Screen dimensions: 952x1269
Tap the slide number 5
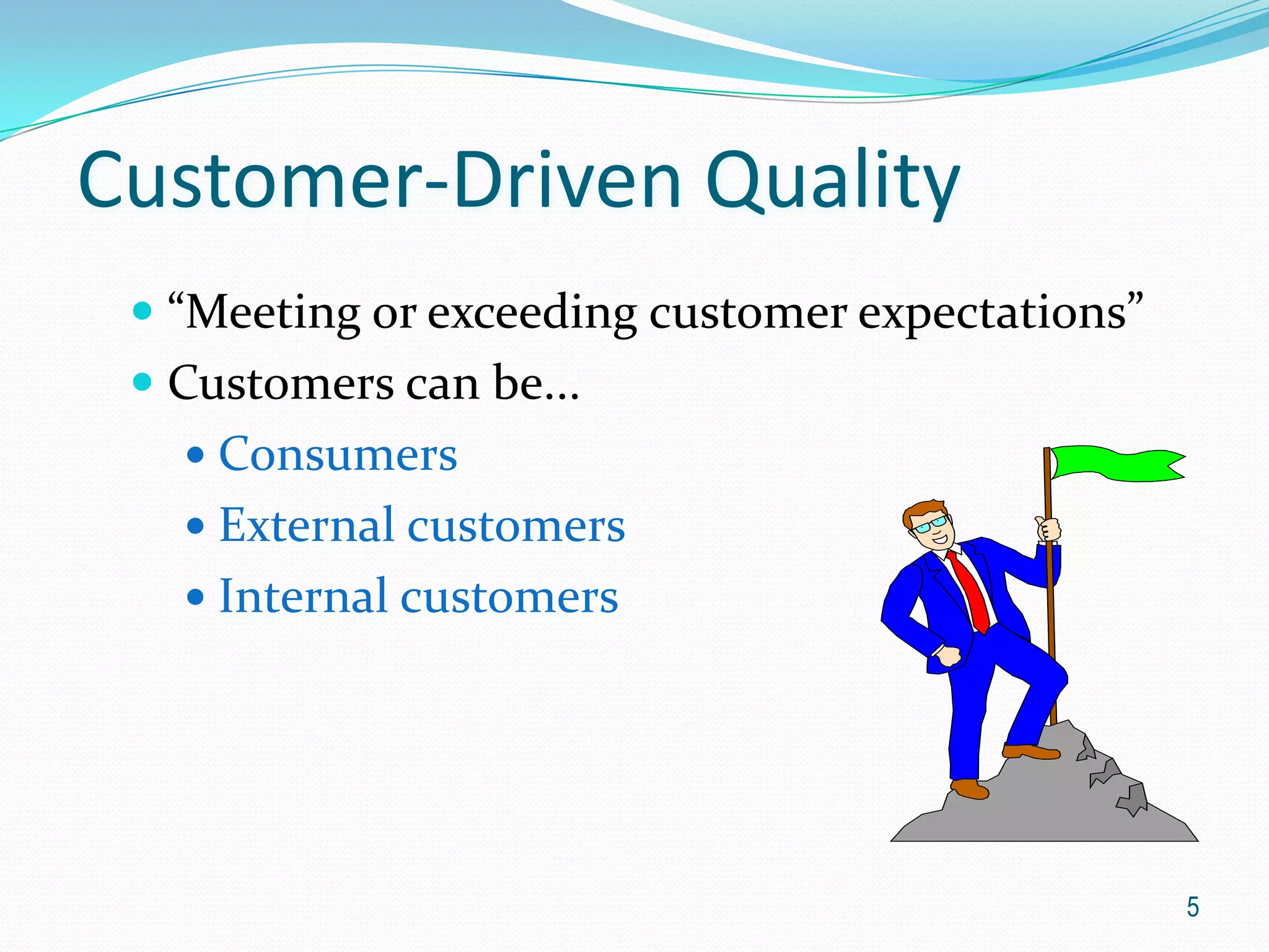(1192, 907)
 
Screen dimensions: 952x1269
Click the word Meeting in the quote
(273, 313)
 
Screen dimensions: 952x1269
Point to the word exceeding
(532, 313)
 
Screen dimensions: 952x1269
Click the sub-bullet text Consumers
(338, 454)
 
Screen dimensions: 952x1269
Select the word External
(307, 525)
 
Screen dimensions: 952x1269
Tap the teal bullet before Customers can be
(143, 382)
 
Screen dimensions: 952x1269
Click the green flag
(1115, 463)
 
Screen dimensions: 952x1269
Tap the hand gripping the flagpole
(1048, 529)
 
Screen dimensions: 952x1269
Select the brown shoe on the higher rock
(1030, 752)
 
